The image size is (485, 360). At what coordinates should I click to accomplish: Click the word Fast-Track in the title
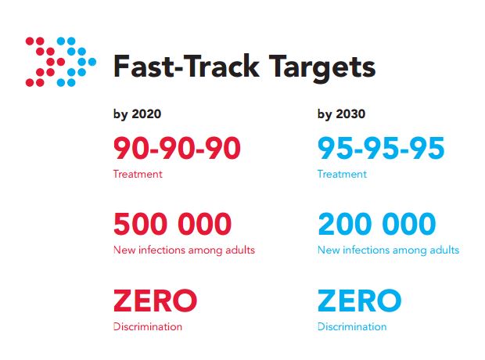click(186, 67)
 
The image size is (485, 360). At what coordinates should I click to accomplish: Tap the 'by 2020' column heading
click(137, 114)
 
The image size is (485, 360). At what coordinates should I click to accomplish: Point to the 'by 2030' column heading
click(341, 114)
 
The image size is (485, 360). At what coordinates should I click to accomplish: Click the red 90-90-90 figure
click(177, 148)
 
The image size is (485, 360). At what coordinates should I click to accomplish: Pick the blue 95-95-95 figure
click(381, 148)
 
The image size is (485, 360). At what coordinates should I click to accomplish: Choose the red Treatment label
click(138, 174)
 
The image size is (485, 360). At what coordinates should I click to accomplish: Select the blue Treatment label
click(342, 174)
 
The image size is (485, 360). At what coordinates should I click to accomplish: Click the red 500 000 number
click(173, 224)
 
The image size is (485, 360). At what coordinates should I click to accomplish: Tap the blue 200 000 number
click(377, 224)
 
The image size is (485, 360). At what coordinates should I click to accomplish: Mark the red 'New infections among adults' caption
click(184, 250)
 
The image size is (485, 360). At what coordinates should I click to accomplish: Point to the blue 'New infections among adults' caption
click(389, 250)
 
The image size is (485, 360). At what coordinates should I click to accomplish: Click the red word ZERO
click(155, 301)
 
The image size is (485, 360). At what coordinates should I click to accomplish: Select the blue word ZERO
click(359, 301)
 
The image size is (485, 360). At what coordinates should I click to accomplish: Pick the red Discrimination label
click(148, 326)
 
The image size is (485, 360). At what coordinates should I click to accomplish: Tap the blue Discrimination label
click(352, 326)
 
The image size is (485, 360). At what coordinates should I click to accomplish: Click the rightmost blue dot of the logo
click(92, 62)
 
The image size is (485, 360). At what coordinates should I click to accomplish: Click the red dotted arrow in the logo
click(45, 62)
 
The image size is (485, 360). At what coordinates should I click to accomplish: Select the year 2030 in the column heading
click(350, 114)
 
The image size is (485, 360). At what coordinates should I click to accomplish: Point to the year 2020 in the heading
click(146, 114)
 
